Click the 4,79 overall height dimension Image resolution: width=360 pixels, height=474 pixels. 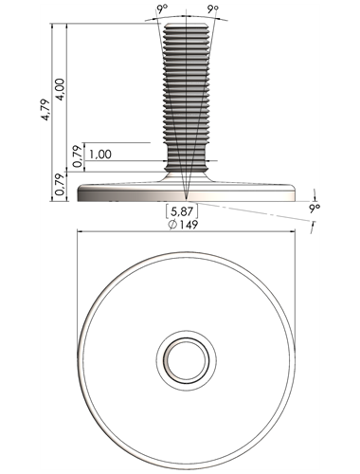45,110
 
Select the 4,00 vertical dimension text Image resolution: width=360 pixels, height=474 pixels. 60,89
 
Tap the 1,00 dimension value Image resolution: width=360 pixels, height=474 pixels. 100,155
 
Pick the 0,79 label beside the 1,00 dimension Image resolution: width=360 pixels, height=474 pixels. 78,156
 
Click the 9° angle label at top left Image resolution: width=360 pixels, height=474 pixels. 162,9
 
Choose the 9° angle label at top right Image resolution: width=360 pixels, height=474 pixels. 213,9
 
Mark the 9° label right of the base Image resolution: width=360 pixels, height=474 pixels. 315,209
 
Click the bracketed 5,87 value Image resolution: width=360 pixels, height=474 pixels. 182,211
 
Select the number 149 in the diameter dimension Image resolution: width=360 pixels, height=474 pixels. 189,225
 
